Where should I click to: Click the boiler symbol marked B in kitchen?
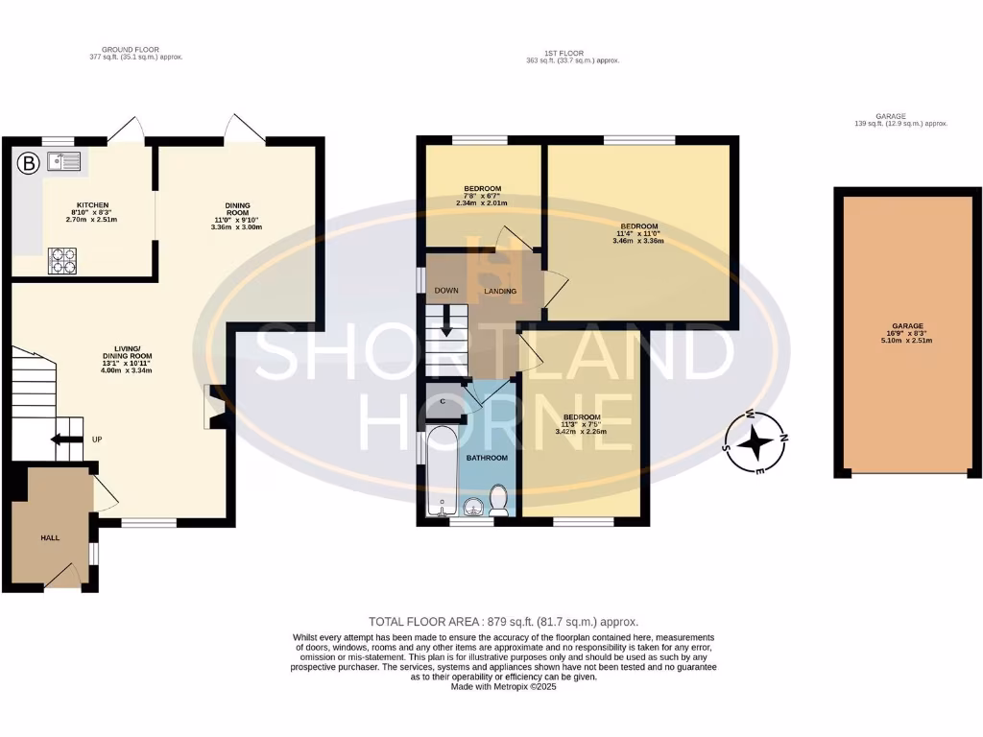coord(30,164)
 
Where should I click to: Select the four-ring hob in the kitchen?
coord(64,260)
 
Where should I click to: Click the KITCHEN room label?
coord(93,204)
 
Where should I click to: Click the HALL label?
coord(50,537)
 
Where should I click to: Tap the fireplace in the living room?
coord(214,406)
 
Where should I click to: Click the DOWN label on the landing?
coord(445,291)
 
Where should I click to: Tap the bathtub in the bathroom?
coord(442,472)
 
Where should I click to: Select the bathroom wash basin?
coord(471,508)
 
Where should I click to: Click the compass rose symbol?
coord(757,444)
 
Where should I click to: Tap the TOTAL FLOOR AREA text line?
coord(503,622)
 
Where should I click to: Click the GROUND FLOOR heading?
coord(131,49)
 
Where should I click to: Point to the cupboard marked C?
coord(444,400)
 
